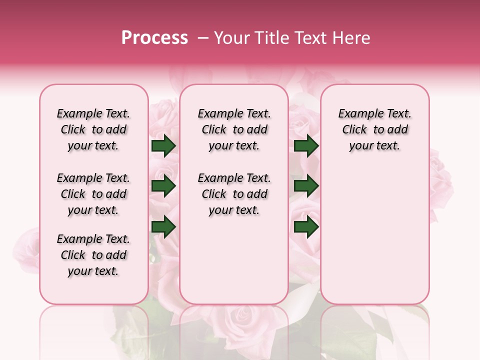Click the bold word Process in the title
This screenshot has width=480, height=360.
click(154, 38)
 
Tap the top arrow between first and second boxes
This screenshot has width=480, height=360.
click(163, 146)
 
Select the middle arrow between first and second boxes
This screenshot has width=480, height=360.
click(163, 186)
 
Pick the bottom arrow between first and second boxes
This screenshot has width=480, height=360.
click(163, 227)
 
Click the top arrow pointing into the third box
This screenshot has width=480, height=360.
click(306, 146)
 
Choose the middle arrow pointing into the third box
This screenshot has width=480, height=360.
click(306, 186)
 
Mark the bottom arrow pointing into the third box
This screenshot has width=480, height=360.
click(306, 227)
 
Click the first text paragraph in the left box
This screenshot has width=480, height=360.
click(93, 129)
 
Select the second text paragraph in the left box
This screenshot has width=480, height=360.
click(93, 194)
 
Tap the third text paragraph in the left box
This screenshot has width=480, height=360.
click(93, 255)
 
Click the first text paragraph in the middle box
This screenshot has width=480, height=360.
click(234, 129)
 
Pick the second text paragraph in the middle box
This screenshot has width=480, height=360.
click(234, 194)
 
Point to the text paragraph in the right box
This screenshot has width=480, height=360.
click(374, 129)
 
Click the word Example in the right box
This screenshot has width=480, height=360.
click(356, 114)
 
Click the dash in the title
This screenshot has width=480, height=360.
click(202, 38)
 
